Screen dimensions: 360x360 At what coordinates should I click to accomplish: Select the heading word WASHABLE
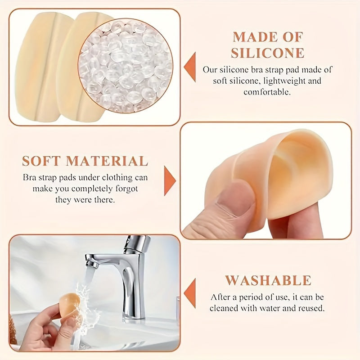268,280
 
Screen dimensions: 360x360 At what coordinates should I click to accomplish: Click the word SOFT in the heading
41,161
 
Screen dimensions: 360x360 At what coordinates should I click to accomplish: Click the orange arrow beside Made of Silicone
190,67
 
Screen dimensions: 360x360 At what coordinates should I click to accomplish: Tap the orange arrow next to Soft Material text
169,180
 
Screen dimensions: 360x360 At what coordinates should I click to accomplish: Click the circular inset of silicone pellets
126,65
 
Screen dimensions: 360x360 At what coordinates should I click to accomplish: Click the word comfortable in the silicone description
268,92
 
